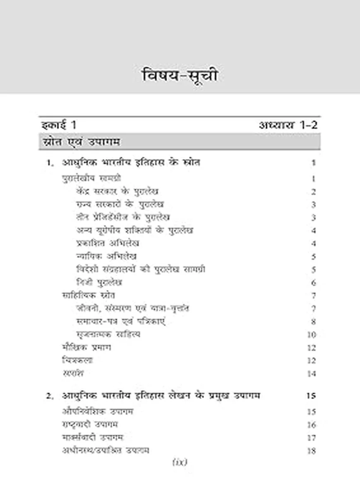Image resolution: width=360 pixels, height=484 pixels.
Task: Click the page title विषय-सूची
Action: click(180, 76)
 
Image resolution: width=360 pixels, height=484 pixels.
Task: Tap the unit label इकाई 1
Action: click(59, 125)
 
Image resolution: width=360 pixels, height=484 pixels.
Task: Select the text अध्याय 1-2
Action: click(288, 125)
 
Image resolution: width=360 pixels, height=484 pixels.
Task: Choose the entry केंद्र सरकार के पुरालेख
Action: click(118, 192)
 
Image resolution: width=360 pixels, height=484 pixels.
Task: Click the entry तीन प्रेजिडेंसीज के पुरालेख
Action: click(123, 217)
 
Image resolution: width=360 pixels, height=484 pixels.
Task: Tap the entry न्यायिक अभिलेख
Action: click(107, 256)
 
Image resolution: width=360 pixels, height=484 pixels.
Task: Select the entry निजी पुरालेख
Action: click(99, 283)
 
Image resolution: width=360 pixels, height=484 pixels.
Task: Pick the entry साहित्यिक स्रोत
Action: click(89, 295)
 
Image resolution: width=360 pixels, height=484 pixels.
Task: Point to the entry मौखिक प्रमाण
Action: click(86, 347)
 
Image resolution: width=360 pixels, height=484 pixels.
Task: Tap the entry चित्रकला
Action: click(77, 360)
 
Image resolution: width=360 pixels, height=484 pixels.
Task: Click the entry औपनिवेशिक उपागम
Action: click(97, 412)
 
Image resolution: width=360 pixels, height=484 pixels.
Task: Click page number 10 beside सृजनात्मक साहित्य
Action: click(312, 335)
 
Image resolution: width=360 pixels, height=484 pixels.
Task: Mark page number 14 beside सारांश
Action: click(312, 374)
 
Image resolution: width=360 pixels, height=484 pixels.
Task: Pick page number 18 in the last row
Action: click(312, 450)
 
